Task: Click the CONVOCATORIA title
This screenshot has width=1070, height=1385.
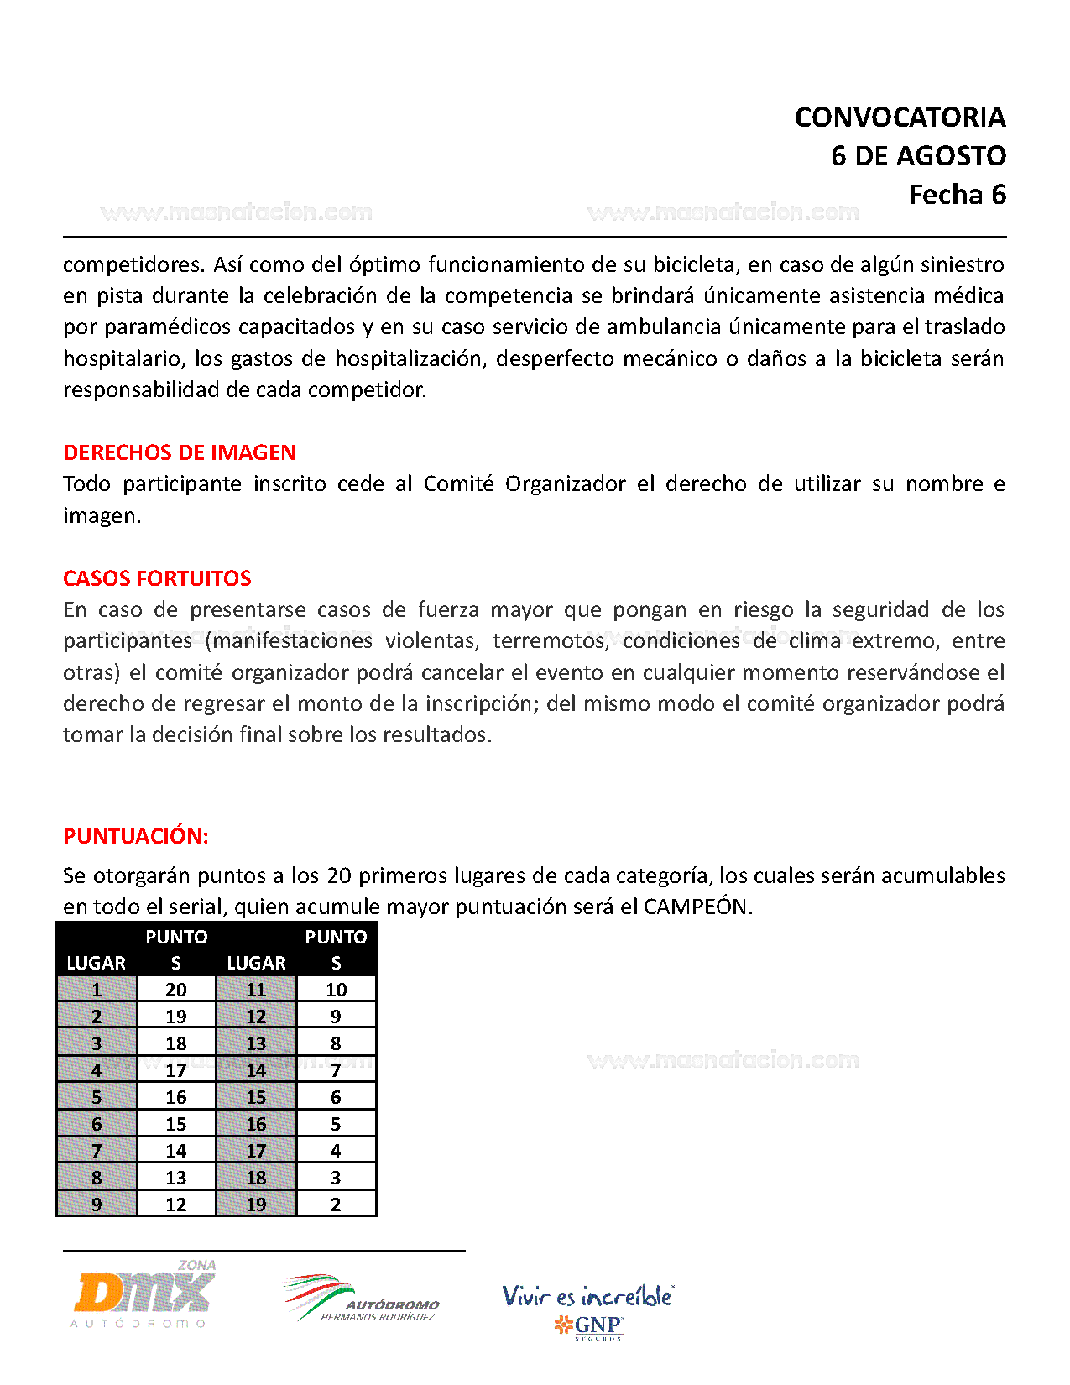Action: pos(900,118)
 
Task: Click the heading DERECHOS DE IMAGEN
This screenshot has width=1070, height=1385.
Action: pos(179,452)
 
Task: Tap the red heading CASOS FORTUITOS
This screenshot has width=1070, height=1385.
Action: pos(157,578)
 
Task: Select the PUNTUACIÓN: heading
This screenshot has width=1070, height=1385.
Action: pos(135,836)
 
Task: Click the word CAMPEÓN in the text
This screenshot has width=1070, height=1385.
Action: pos(696,907)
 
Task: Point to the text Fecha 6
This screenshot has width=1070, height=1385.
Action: pos(957,195)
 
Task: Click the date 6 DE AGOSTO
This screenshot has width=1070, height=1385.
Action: pos(918,156)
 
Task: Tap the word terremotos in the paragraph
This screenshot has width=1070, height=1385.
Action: pos(550,641)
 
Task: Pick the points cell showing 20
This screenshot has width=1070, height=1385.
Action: pos(176,990)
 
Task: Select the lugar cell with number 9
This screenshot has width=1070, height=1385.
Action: pos(97,1205)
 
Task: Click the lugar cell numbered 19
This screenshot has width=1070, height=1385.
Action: pos(256,1205)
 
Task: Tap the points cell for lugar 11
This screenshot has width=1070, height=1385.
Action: pos(336,990)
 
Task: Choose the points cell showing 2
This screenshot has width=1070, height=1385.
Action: pos(336,1205)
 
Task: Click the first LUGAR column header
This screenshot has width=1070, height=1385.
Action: pos(97,963)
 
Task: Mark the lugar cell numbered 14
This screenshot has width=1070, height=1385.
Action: pos(256,1070)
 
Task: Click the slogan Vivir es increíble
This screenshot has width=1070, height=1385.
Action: pos(587,1296)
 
